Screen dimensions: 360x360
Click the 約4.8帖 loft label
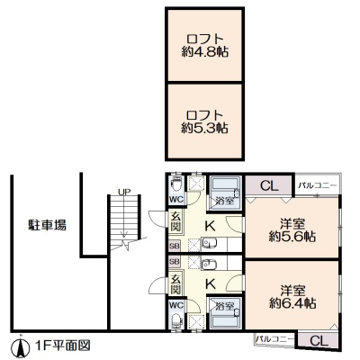tap(205, 52)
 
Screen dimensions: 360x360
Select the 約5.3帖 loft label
tap(205, 129)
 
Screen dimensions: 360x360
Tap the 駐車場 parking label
tap(47, 225)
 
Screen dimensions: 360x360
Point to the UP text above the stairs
tap(124, 192)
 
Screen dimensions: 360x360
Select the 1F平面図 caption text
tap(62, 346)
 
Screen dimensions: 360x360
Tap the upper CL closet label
tap(269, 186)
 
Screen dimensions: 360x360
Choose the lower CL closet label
tap(319, 341)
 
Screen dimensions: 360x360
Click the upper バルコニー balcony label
tap(318, 185)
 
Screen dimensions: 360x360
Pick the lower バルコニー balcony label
tap(274, 339)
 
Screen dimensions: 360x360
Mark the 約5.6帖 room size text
tap(292, 238)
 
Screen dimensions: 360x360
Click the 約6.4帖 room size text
tap(292, 303)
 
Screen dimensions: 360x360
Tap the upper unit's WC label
tap(176, 199)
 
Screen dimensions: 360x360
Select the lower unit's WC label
tap(176, 305)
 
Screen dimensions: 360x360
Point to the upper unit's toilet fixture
tap(176, 185)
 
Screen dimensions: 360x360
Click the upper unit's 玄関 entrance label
tap(176, 221)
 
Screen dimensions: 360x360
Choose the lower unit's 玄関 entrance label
tap(176, 284)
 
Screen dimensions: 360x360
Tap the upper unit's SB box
tap(175, 246)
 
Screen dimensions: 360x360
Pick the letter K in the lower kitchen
tap(211, 283)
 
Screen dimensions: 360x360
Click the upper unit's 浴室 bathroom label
tap(225, 201)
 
